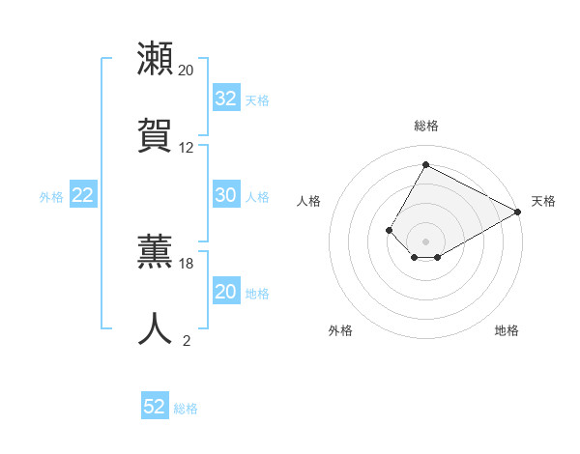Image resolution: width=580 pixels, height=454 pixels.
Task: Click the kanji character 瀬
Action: (x=156, y=59)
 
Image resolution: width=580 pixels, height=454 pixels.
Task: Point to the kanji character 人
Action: (x=156, y=327)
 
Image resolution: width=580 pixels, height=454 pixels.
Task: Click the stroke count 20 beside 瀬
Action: (x=187, y=71)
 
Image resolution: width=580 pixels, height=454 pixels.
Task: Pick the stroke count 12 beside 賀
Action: (x=187, y=148)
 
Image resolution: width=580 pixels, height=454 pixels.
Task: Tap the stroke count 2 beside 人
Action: (x=187, y=340)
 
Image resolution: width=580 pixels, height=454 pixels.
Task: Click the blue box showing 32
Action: (x=226, y=99)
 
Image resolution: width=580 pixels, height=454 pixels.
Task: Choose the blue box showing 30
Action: (x=226, y=195)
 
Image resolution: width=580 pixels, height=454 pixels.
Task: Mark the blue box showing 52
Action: (x=155, y=407)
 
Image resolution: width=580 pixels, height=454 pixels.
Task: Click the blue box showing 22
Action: (x=83, y=195)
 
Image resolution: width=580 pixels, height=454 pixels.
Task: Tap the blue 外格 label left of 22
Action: (x=51, y=197)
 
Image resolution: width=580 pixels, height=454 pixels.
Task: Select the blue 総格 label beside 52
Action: (x=186, y=409)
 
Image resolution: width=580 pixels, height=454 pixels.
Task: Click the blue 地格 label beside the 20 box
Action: (x=257, y=294)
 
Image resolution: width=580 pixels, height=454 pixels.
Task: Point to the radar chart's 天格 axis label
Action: (x=543, y=201)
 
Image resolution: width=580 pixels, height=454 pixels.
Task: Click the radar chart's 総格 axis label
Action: (x=426, y=126)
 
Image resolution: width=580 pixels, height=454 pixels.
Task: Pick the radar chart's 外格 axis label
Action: (x=340, y=330)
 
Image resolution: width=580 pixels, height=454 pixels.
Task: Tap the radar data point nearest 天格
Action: (x=519, y=213)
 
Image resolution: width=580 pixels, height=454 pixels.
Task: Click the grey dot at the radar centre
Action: (x=426, y=241)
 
